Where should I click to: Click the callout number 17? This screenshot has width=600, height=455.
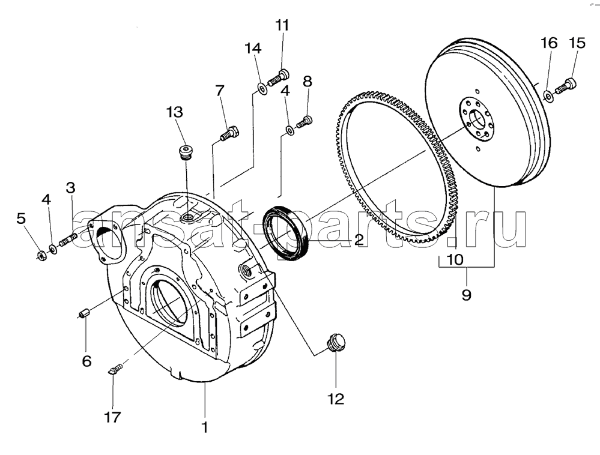pos(112,417)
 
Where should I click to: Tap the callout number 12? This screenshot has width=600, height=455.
pos(336,399)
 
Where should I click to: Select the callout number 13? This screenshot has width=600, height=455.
pos(174,112)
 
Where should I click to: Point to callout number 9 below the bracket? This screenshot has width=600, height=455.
pos(466,294)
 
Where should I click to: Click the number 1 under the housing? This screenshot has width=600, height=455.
pos(205,427)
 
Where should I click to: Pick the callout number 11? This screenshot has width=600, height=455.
pos(282,25)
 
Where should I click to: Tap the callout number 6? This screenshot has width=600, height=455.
pos(87,361)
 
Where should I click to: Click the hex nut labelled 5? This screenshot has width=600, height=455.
pos(41,255)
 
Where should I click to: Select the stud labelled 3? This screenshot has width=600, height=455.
pos(68,240)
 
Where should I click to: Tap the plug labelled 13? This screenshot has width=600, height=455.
pos(186,151)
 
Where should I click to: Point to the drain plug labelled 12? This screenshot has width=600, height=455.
pos(336,342)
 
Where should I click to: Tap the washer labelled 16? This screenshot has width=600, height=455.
pos(548,96)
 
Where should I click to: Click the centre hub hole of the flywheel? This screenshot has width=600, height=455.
pos(477,119)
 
